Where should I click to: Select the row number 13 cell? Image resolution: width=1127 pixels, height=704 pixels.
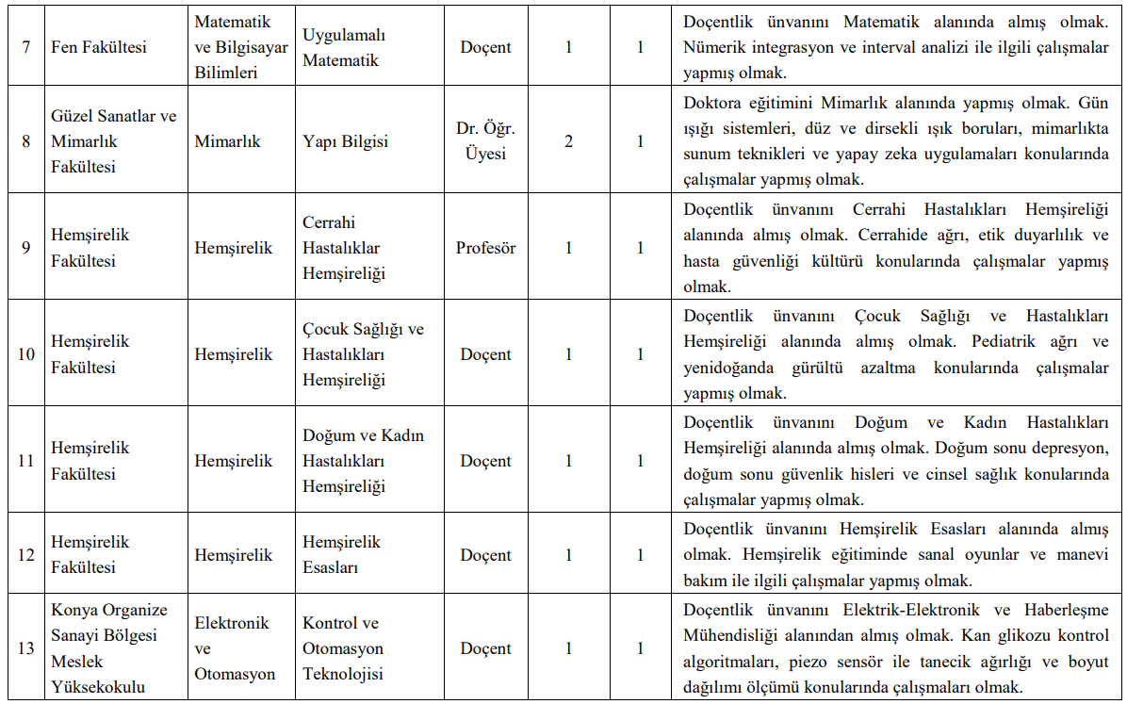click(26, 648)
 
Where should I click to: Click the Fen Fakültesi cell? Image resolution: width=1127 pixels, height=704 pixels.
click(99, 47)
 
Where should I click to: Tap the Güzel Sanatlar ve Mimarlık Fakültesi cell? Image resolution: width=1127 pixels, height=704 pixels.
click(113, 141)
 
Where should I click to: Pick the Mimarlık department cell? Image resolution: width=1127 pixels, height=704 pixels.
click(227, 141)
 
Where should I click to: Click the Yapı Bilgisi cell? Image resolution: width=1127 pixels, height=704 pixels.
click(345, 141)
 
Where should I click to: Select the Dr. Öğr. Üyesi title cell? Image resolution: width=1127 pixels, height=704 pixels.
click(485, 141)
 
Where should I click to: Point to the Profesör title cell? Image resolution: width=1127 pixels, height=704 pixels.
click(485, 248)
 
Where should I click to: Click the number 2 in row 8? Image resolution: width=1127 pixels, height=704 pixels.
click(568, 141)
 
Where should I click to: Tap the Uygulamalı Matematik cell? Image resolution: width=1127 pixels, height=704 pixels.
click(344, 47)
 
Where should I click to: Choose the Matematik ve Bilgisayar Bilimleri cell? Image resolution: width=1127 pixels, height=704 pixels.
click(240, 47)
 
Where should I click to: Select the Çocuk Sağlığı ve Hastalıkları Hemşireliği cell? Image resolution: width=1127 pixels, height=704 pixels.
click(363, 354)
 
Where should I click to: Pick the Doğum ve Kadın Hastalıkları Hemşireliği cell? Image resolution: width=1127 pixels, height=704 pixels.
click(363, 461)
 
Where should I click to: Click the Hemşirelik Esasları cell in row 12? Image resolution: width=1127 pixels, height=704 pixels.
click(341, 554)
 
